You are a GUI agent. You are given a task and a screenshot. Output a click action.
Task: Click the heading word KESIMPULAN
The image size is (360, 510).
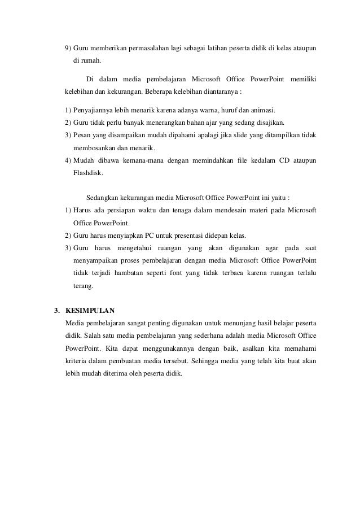click(90, 311)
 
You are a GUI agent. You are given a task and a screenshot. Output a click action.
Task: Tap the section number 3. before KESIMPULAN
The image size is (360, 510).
click(56, 311)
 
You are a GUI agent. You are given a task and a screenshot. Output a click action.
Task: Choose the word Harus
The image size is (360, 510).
click(82, 211)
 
